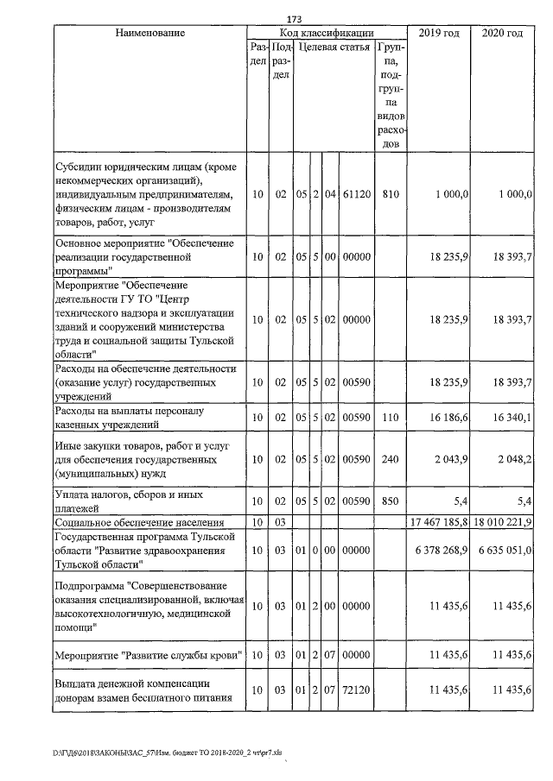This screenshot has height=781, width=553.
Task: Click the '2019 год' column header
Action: [438, 33]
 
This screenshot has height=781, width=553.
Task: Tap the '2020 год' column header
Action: [501, 33]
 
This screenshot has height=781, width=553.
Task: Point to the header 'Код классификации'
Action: [327, 33]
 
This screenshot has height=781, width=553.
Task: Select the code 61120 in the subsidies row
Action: [356, 195]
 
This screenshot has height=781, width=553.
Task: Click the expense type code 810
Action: [390, 195]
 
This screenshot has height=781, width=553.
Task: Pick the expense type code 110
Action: [390, 418]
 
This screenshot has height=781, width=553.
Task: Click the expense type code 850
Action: [390, 502]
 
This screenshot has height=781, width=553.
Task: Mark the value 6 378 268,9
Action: [442, 550]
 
